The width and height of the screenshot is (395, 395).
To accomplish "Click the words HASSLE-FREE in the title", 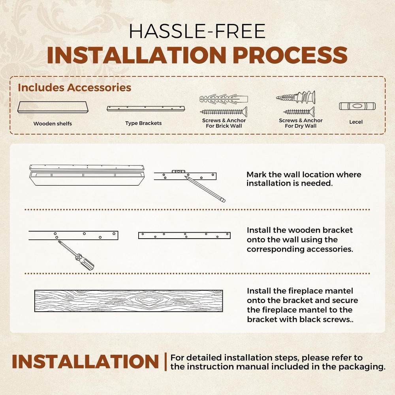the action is [x=197, y=31].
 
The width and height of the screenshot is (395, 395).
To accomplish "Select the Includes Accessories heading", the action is [x=75, y=87].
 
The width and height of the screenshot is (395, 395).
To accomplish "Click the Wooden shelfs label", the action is [x=53, y=123].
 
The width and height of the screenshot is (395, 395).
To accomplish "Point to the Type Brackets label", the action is [x=143, y=123].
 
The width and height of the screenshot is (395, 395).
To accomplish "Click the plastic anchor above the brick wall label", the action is [x=224, y=99].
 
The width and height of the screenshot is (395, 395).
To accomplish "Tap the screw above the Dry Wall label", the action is [x=299, y=111].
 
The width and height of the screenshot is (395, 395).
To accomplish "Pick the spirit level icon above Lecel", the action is [x=357, y=106].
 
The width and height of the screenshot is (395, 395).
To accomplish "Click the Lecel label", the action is [x=356, y=122].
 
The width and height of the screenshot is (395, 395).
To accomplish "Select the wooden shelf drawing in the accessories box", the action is [x=53, y=107].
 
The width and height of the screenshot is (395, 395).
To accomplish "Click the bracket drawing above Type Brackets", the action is [x=146, y=109].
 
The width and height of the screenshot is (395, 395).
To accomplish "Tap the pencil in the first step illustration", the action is [x=205, y=189].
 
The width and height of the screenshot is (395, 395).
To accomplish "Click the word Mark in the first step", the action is [x=256, y=175].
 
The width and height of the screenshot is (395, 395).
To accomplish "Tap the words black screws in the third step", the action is [x=325, y=320].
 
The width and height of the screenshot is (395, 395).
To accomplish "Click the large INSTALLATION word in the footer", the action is [x=85, y=362].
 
